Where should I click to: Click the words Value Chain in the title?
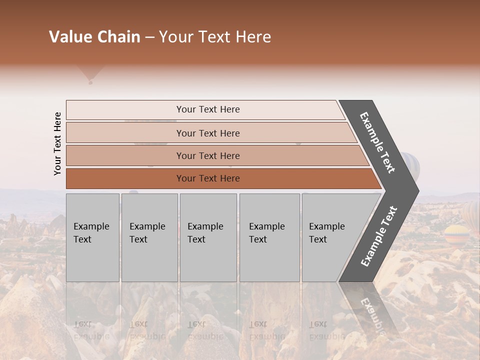[x=94, y=37]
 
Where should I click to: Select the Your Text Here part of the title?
[x=215, y=37]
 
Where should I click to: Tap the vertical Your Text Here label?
[x=57, y=143]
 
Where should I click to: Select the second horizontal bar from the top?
[x=207, y=133]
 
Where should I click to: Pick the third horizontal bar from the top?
[x=207, y=155]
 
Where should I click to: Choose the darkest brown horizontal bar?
[x=207, y=178]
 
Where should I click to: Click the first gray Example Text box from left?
[x=92, y=237]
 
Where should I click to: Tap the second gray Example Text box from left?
[x=149, y=237]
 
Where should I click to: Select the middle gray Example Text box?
[x=208, y=237]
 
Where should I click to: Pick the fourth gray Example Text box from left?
[x=269, y=237]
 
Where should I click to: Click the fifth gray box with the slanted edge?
[x=330, y=237]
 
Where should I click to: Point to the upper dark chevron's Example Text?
[x=377, y=142]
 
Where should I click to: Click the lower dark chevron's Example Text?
[x=379, y=236]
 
